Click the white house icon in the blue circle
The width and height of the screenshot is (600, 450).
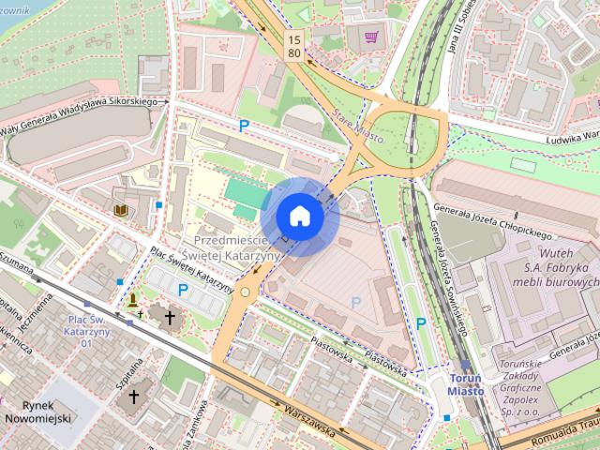(299, 216)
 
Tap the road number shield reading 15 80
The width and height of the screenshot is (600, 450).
(295, 46)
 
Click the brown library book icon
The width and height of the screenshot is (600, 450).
(120, 211)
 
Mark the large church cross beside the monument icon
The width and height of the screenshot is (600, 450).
(169, 318)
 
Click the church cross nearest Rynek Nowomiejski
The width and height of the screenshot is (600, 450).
(133, 397)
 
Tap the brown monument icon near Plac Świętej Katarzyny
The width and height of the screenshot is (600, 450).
(134, 301)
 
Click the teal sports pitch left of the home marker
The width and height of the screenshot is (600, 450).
(245, 196)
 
